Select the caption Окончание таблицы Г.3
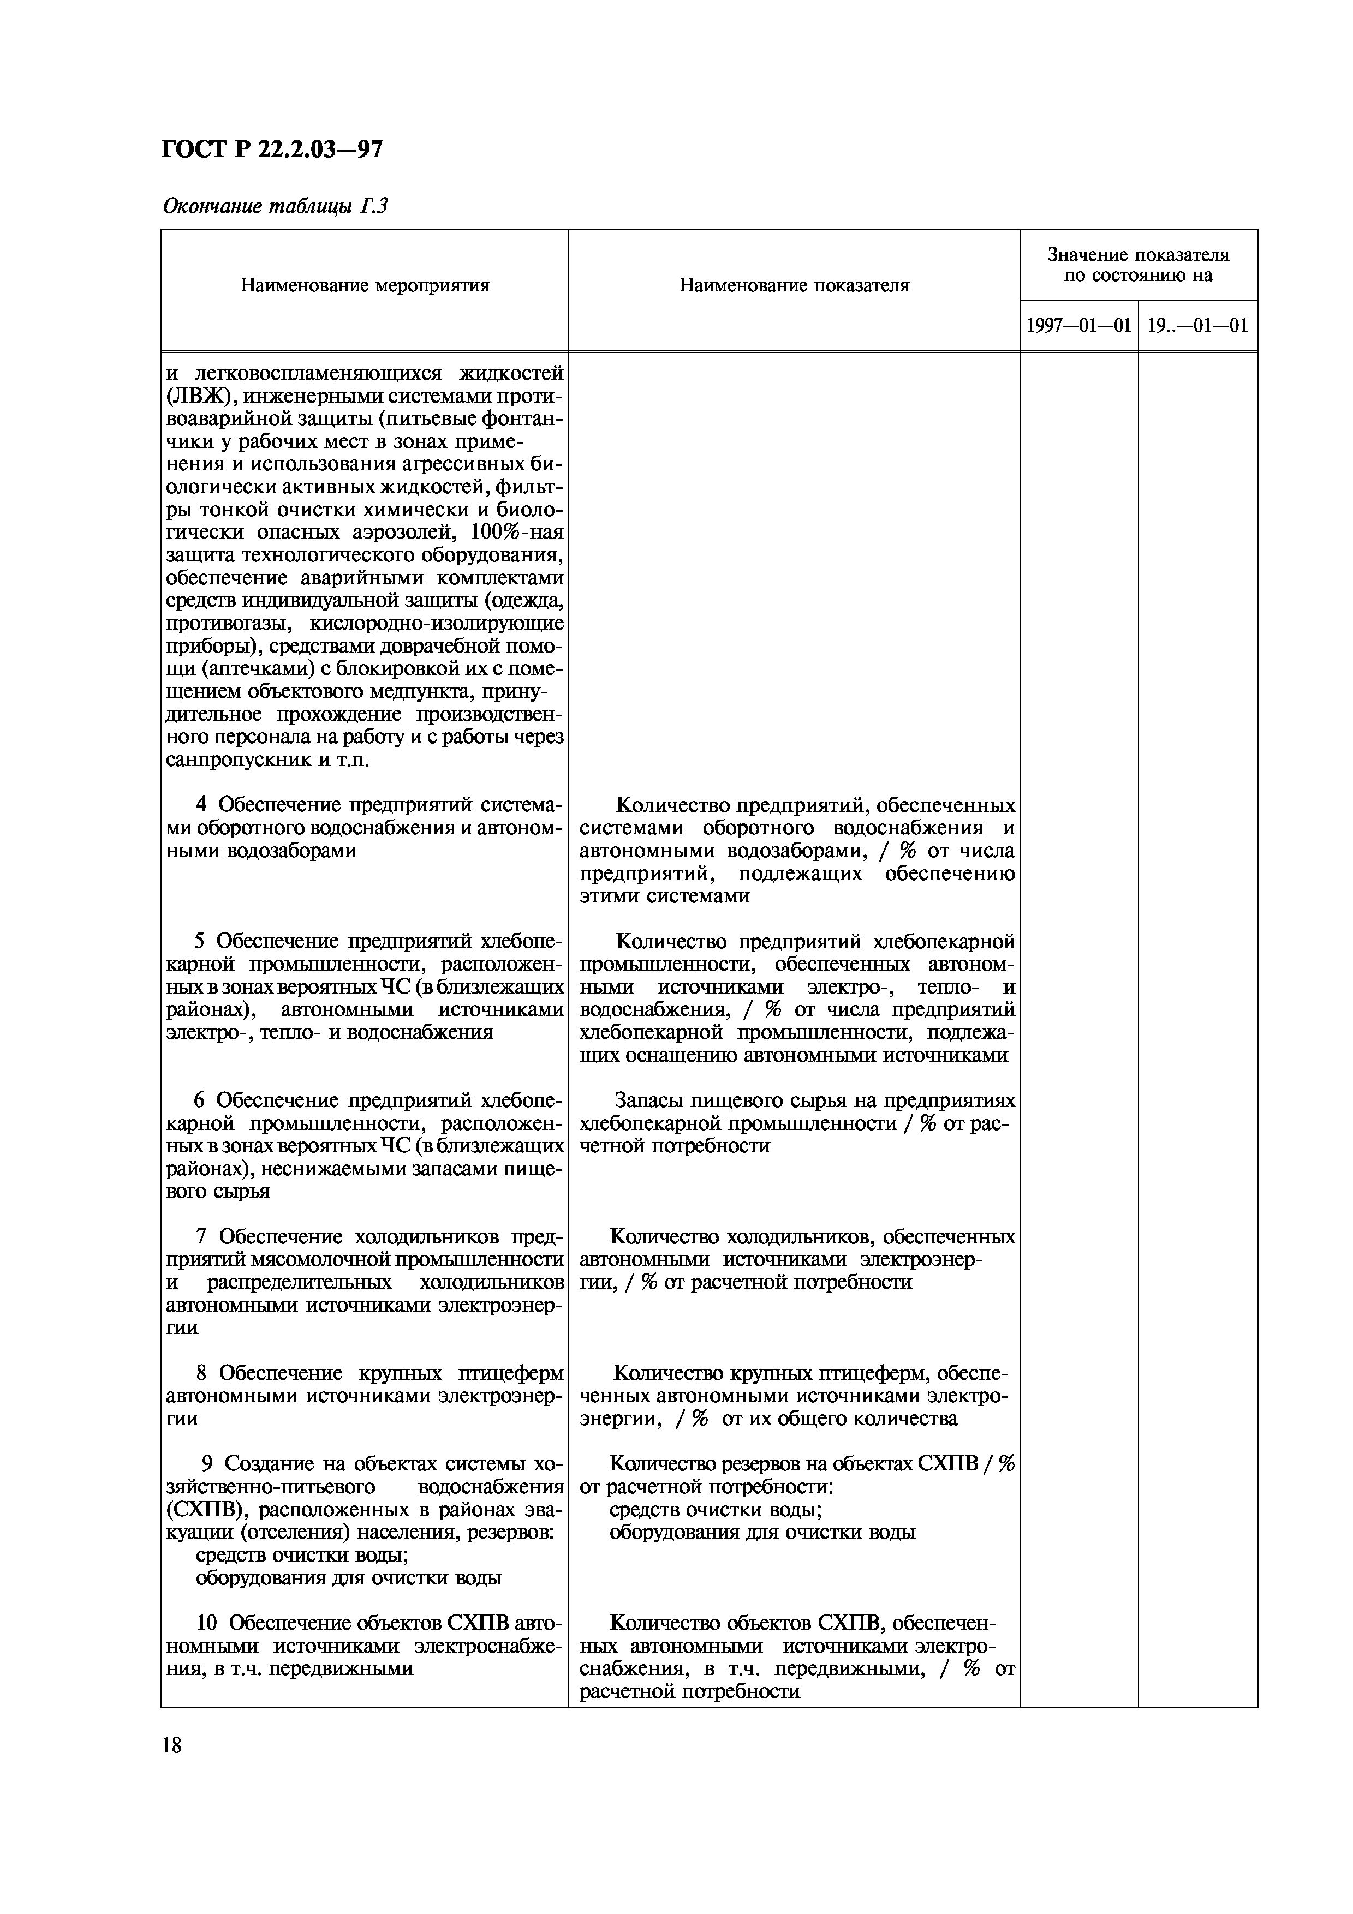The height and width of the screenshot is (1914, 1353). point(275,207)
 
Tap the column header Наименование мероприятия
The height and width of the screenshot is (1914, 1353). point(365,286)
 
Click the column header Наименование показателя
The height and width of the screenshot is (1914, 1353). point(794,286)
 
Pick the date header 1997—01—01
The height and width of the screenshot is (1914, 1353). point(1078,325)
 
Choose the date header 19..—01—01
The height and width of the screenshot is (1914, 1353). point(1197,325)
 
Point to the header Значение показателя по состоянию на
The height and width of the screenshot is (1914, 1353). point(1138,265)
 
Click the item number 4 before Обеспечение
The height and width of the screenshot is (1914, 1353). point(201,805)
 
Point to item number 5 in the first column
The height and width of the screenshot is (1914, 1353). point(200,942)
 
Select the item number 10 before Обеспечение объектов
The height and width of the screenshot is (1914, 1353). point(207,1623)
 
